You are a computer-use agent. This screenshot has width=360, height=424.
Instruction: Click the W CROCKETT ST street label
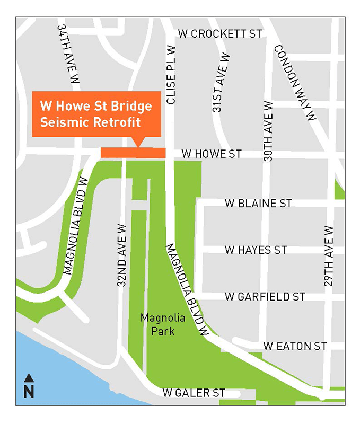pos(220,34)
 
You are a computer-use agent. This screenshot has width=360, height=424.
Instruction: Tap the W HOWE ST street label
pos(211,154)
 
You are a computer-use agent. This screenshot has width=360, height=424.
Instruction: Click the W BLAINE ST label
pos(258,203)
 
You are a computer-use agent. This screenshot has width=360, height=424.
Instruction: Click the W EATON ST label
pos(294,346)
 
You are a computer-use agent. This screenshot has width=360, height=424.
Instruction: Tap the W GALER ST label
pos(194,393)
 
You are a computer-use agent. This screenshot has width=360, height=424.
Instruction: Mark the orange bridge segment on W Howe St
pos(133,153)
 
